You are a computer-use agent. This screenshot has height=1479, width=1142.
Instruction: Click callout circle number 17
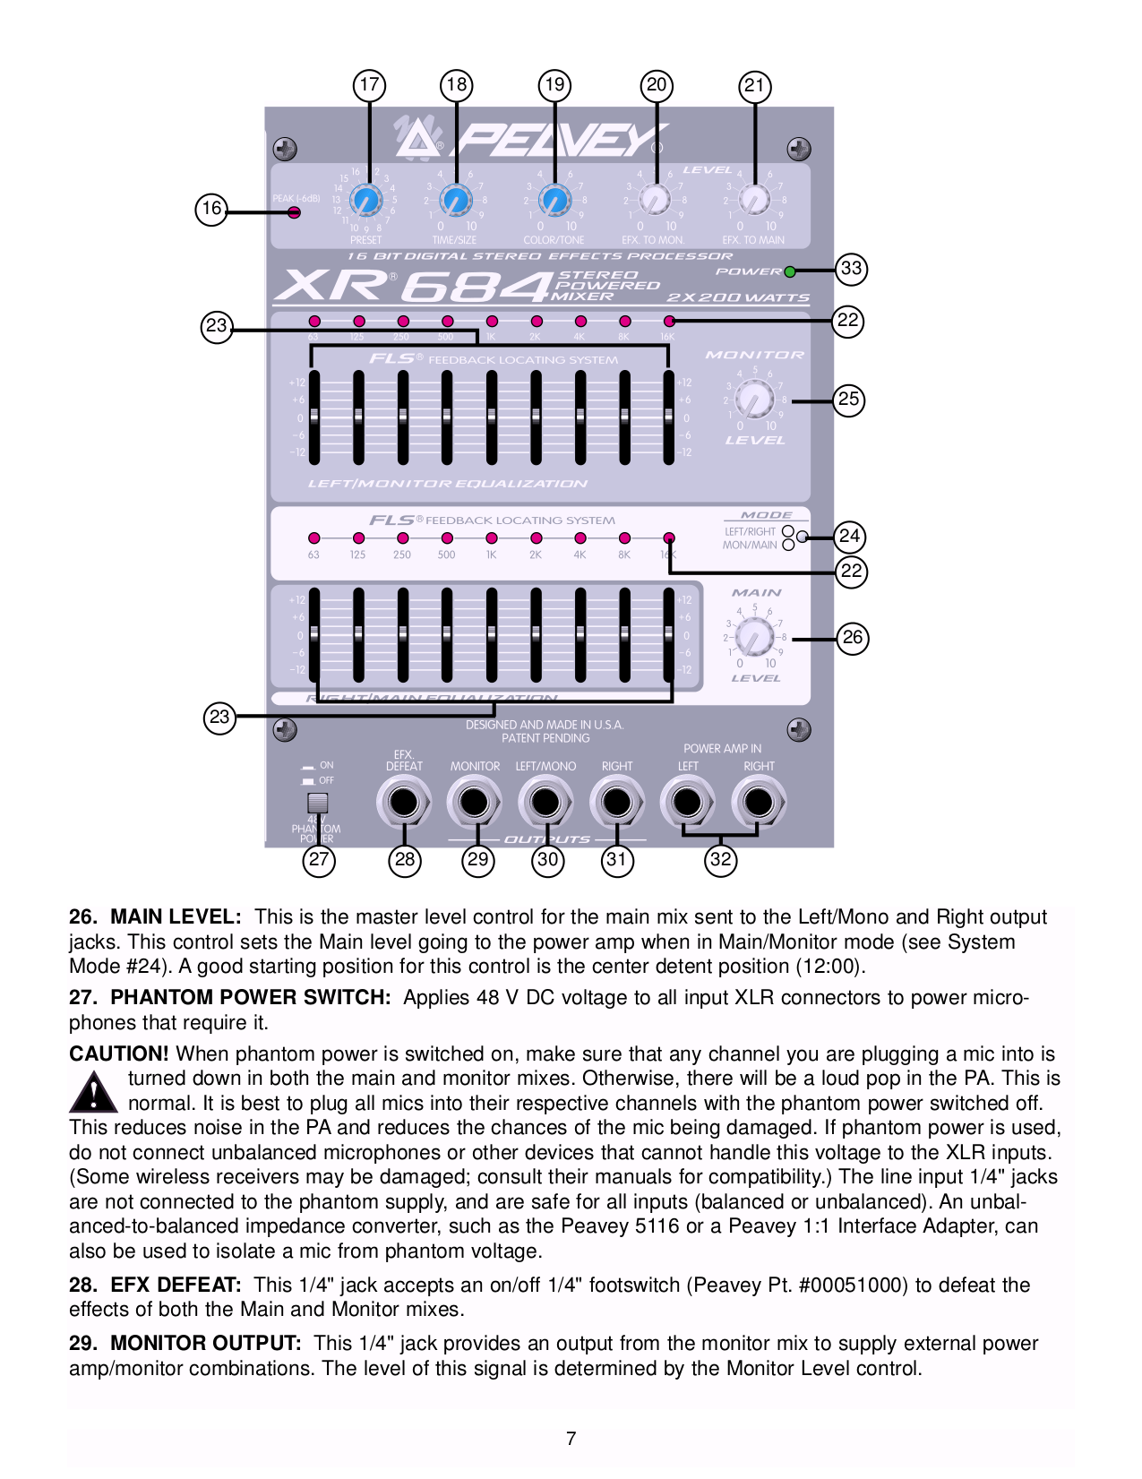click(369, 85)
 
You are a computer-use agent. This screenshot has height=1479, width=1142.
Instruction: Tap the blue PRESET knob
click(365, 200)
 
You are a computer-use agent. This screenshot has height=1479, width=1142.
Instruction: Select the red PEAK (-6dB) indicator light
click(294, 212)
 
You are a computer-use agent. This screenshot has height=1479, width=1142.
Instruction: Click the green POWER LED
click(790, 271)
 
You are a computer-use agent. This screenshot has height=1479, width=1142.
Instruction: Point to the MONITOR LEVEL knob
click(754, 399)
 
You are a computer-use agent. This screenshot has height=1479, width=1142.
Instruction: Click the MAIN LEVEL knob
click(754, 638)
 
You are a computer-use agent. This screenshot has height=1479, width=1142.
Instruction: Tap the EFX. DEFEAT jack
click(404, 802)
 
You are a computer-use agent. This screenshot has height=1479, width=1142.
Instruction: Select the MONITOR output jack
click(475, 802)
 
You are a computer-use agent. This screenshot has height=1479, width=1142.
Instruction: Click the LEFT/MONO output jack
click(545, 802)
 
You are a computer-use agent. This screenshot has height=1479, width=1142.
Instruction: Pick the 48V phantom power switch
click(317, 803)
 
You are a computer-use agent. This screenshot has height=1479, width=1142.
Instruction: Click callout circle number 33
click(851, 268)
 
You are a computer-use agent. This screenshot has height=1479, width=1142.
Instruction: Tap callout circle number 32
click(720, 860)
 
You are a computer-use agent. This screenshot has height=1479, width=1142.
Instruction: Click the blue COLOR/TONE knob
click(554, 200)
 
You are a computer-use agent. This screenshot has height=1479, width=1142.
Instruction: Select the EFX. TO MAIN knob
click(754, 200)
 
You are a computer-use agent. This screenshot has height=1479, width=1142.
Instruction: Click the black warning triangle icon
click(93, 1092)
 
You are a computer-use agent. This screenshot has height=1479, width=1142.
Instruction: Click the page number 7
click(571, 1439)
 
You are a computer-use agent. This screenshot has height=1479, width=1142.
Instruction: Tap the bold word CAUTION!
click(119, 1054)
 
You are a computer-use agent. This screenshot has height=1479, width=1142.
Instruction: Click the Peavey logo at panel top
click(528, 139)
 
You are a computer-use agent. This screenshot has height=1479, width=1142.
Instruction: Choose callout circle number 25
click(848, 399)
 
